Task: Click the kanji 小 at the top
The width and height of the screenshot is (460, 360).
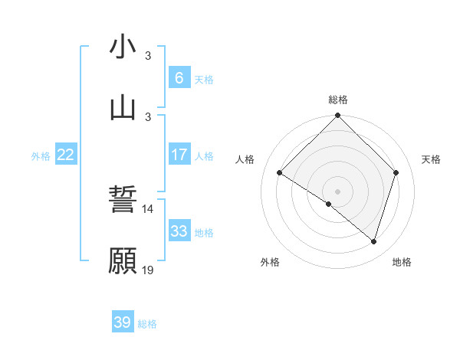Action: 123,47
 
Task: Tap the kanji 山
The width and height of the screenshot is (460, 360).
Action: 123,108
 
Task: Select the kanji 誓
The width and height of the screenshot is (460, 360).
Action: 123,201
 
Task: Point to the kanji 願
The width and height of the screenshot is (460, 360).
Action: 123,261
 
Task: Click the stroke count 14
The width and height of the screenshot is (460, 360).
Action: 147,209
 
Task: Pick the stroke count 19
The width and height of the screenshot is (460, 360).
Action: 147,270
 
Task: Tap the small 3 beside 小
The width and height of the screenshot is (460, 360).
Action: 148,56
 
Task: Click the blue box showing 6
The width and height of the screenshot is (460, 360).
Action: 179,77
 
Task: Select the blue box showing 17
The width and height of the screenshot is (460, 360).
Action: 179,155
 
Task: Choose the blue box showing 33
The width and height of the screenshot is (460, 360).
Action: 179,231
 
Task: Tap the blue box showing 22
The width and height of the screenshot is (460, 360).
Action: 65,155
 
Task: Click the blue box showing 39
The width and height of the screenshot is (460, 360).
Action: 123,322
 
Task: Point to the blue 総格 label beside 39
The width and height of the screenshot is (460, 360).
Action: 147,324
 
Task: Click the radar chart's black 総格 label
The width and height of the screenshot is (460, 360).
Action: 338,100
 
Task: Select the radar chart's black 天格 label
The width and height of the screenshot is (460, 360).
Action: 431,159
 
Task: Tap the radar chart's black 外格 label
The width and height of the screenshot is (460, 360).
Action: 270,262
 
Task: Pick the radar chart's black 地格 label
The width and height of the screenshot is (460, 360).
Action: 402,262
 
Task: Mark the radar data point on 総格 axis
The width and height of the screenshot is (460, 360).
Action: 337,116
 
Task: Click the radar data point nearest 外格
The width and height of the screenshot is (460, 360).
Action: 329,204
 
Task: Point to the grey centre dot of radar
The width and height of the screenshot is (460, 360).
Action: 337,191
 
